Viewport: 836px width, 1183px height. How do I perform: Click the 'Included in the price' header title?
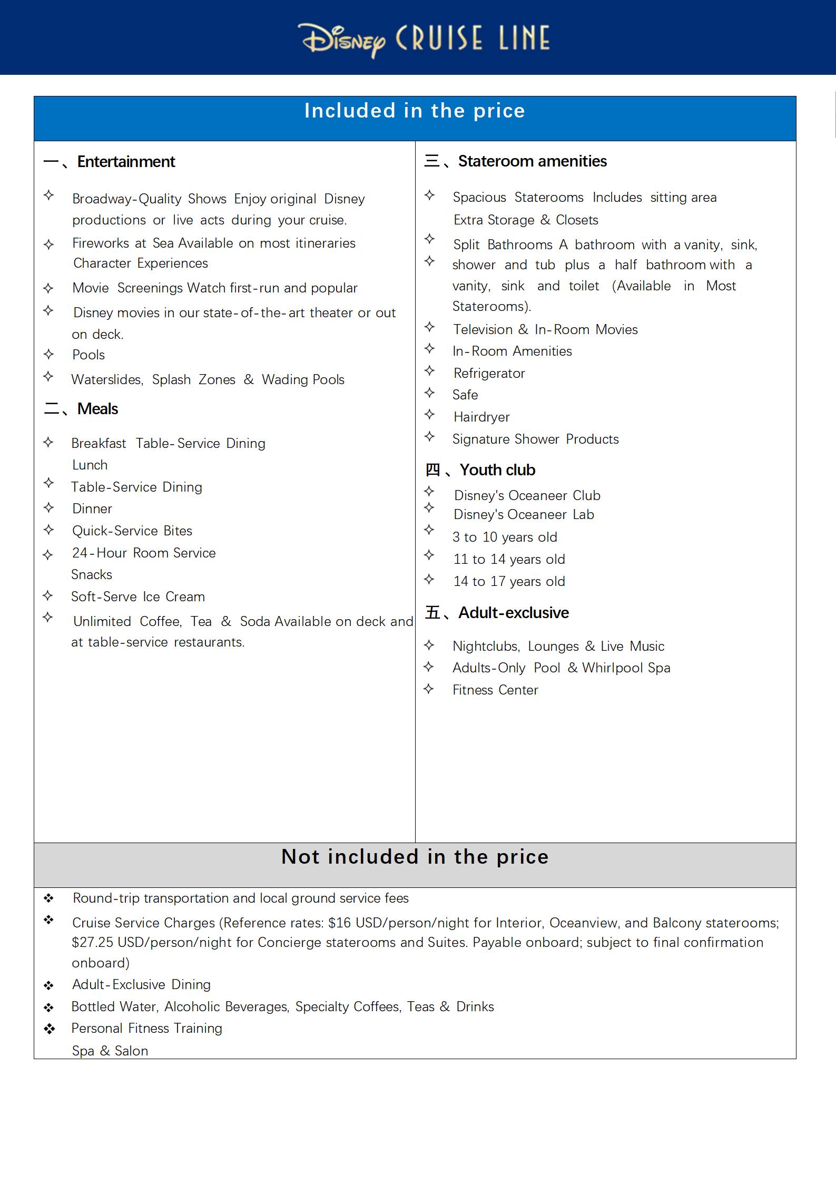coord(415,111)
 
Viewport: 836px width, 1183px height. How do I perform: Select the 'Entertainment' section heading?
coord(126,162)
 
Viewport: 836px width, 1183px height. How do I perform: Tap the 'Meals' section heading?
coord(97,409)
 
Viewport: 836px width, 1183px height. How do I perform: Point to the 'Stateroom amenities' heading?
coord(532,161)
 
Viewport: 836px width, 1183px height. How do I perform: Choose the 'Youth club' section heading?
coord(497,470)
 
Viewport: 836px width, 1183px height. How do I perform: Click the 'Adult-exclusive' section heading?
coord(513,613)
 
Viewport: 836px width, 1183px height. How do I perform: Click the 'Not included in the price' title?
coord(415,857)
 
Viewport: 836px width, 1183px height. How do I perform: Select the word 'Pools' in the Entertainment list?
coord(88,355)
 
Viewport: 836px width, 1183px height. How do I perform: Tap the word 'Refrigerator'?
coord(489,374)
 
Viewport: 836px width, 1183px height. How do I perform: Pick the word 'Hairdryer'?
coord(481,417)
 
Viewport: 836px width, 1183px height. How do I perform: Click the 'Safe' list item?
coord(465,395)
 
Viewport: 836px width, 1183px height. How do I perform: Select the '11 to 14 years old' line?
coord(509,560)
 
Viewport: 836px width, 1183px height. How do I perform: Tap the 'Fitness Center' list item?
coord(495,690)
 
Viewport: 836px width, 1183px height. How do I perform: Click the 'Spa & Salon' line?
coord(110,1051)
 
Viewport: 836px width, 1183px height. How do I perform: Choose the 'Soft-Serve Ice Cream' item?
coord(138,597)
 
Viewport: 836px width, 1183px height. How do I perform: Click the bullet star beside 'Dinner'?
coord(48,507)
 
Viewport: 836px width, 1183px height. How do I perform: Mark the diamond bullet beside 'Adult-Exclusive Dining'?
coord(48,985)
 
